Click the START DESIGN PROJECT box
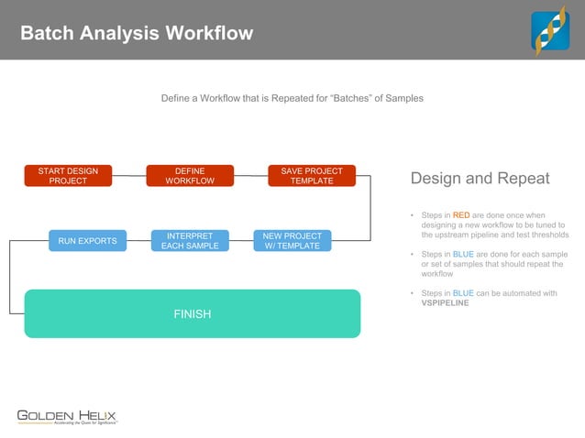[x=68, y=176]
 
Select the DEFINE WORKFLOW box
[x=190, y=176]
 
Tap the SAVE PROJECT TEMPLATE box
[x=312, y=176]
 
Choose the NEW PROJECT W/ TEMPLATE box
[x=292, y=241]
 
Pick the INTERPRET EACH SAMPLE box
[x=190, y=241]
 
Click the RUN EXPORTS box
[x=87, y=241]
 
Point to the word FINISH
[x=193, y=314]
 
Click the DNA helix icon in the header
[x=550, y=31]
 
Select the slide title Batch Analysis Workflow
[x=137, y=34]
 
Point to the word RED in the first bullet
[x=461, y=215]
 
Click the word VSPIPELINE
[x=445, y=303]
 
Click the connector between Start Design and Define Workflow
[x=129, y=175]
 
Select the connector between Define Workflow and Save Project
[x=250, y=176]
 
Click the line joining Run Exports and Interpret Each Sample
[x=138, y=241]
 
